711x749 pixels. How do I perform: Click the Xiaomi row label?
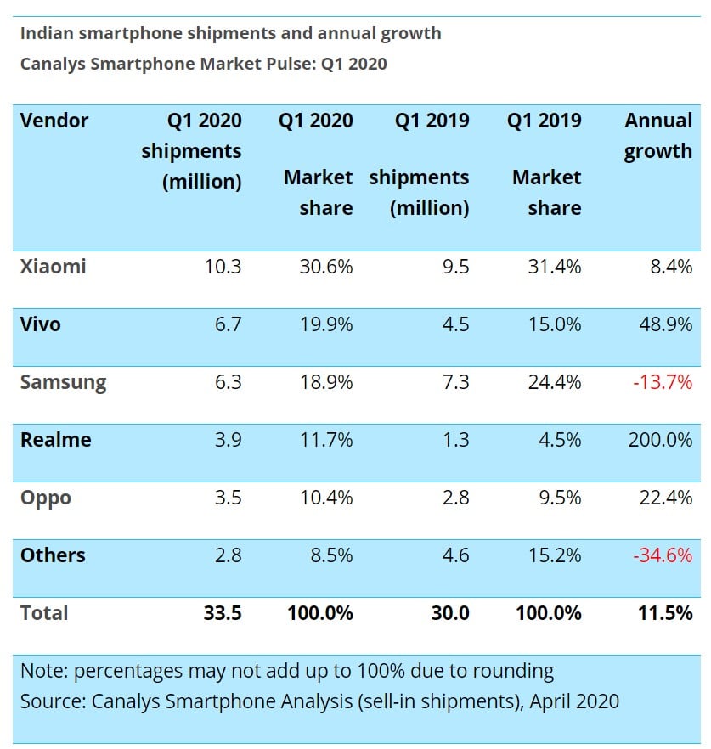pyautogui.click(x=54, y=267)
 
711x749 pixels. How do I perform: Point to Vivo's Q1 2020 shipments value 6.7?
pyautogui.click(x=224, y=324)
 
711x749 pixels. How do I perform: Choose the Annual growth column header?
pyautogui.click(x=658, y=136)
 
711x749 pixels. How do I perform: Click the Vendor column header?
pyautogui.click(x=54, y=121)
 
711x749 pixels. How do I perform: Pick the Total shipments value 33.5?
pyautogui.click(x=222, y=613)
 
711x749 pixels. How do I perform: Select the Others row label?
pyautogui.click(x=53, y=555)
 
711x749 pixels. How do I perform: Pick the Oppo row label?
pyautogui.click(x=46, y=498)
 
